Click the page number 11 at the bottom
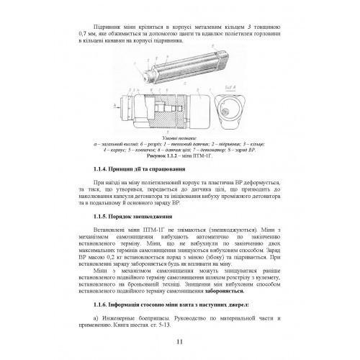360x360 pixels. point(179,343)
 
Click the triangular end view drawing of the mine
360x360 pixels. point(235,115)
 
